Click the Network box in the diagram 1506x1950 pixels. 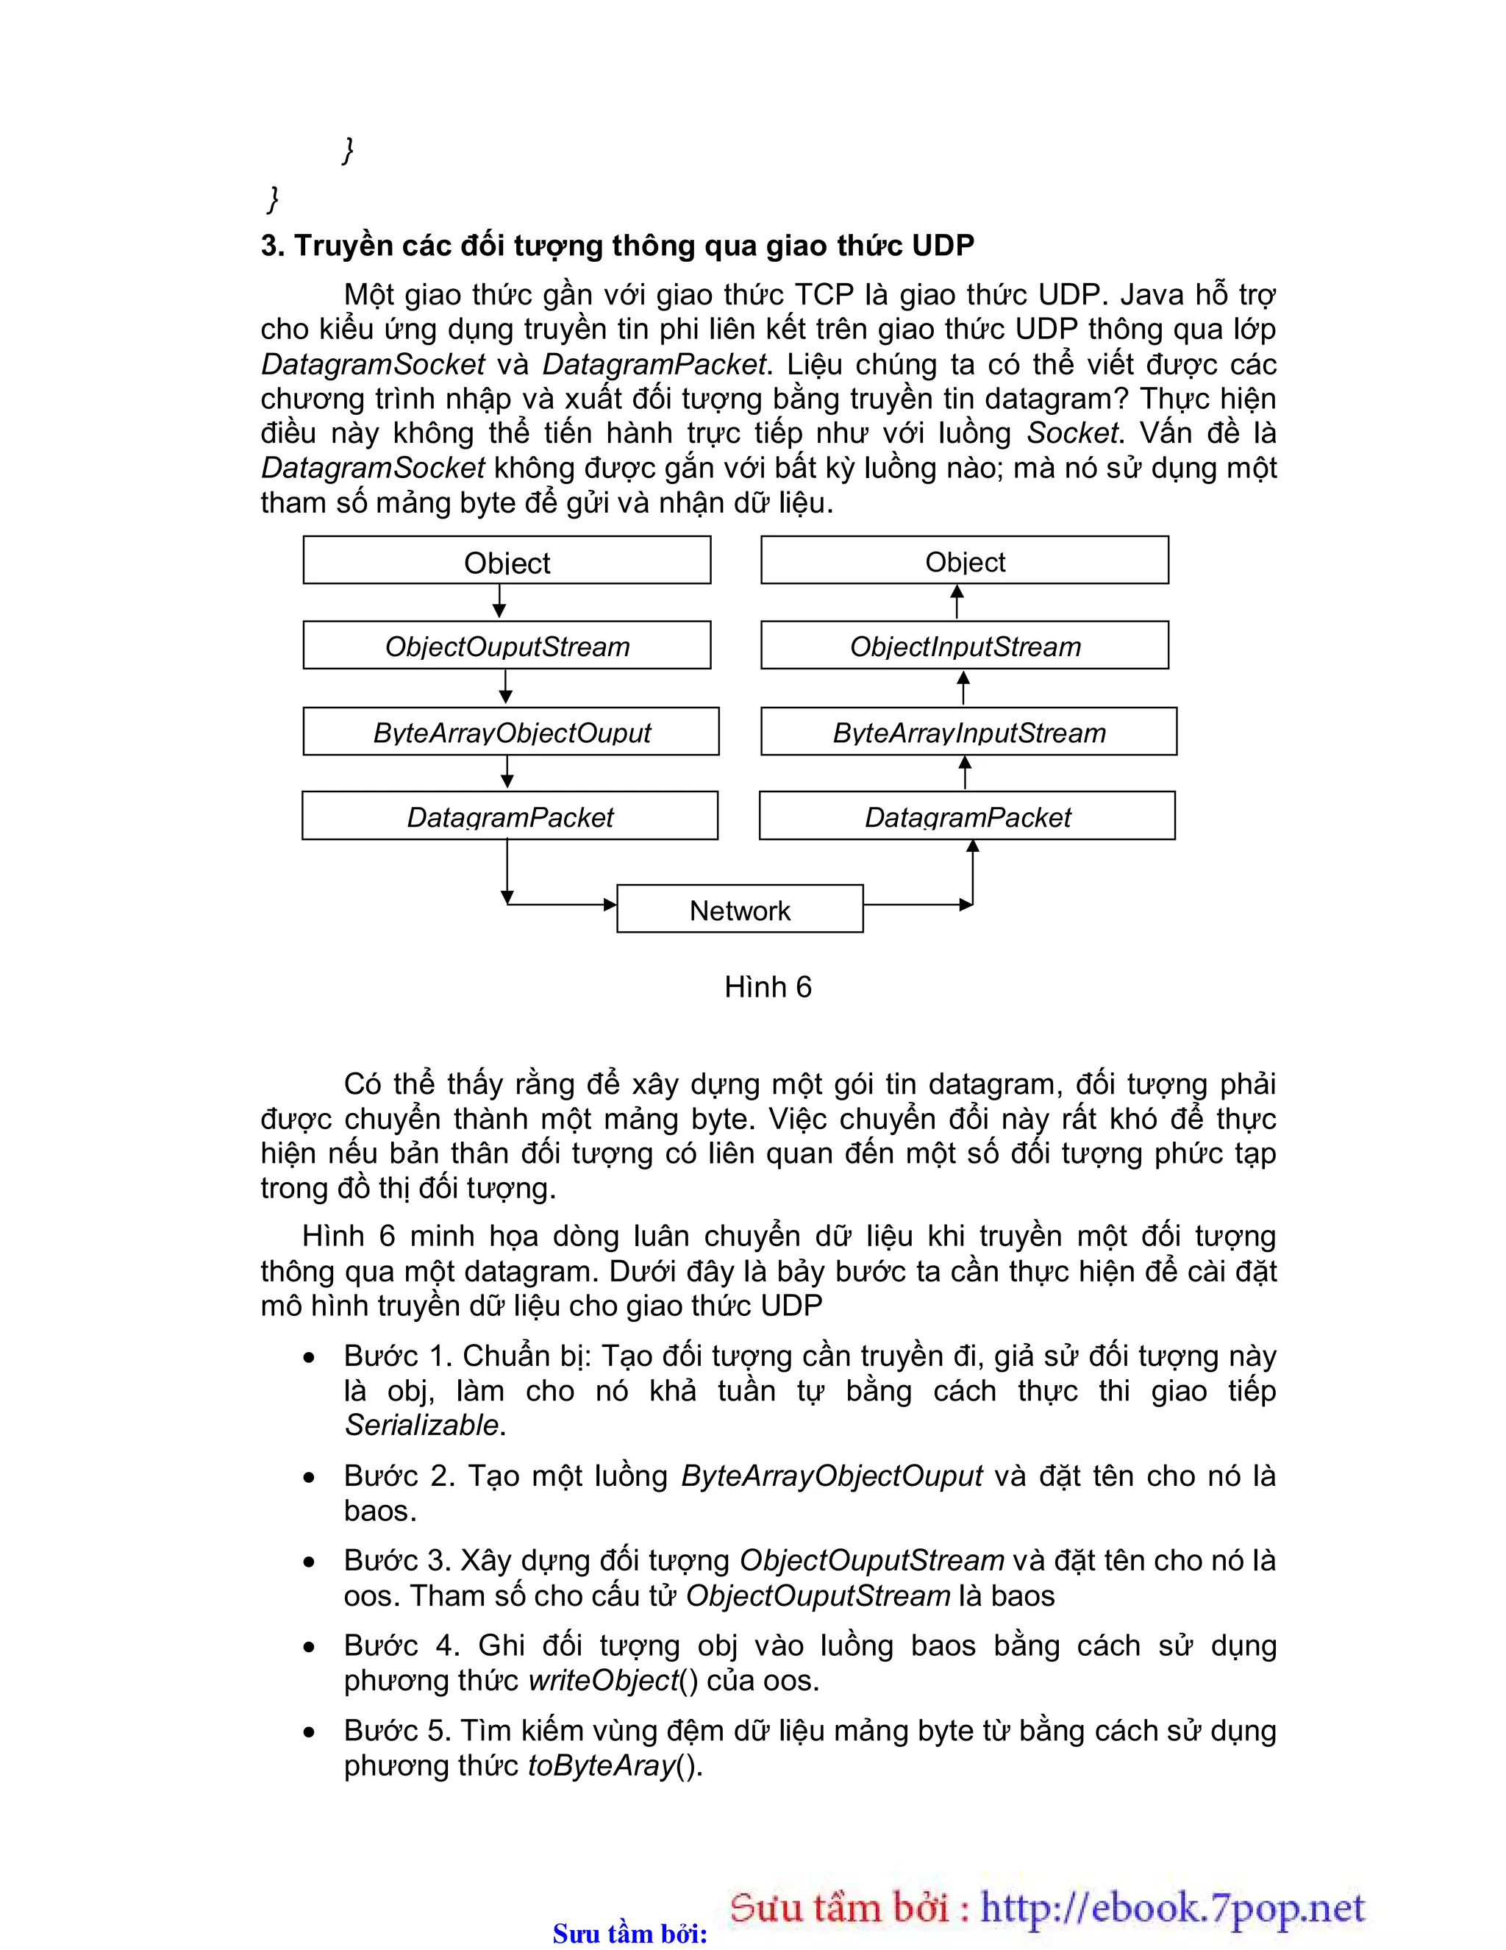739,909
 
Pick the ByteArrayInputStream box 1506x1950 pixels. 968,731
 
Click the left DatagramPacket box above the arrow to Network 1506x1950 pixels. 510,815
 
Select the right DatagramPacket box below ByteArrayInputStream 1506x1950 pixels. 967,815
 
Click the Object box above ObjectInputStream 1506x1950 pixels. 964,561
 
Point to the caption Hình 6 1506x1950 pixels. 768,986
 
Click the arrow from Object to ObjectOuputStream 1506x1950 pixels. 499,602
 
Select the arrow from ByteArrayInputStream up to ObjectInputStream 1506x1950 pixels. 963,688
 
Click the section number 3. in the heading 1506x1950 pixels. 272,246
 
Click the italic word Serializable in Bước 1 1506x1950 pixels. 421,1425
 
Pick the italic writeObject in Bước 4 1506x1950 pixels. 604,1680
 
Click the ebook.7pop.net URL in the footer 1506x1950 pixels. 1172,1907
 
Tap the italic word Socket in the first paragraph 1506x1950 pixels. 1071,433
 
